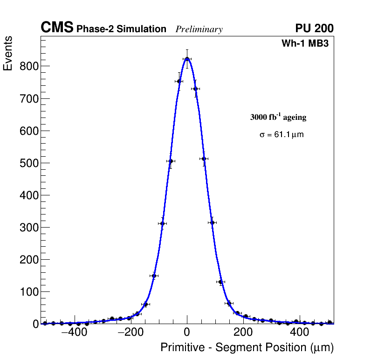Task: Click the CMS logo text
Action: tap(57, 28)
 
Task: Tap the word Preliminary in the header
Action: tap(199, 29)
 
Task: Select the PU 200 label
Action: tap(314, 28)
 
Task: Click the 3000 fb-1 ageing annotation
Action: tap(278, 117)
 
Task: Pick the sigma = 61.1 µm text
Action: tap(282, 135)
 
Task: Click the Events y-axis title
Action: tap(8, 54)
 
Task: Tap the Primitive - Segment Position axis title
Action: tap(247, 347)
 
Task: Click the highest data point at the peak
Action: tap(187, 59)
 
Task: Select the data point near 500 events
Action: tap(171, 161)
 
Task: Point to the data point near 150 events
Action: tap(154, 276)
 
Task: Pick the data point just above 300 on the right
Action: tap(212, 222)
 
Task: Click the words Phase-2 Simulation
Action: tap(121, 29)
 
